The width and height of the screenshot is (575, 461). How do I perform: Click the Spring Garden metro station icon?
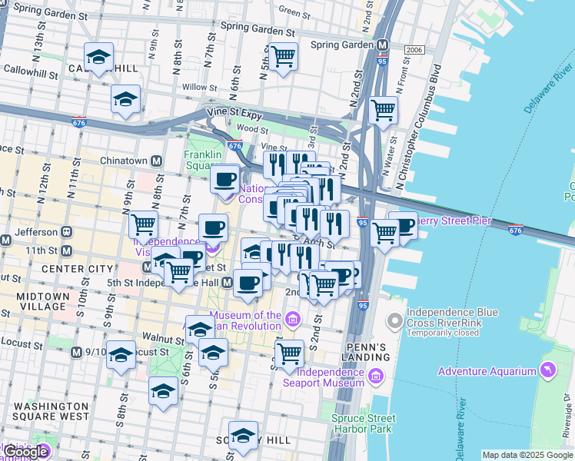(383, 45)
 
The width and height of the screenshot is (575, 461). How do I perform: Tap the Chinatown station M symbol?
(156, 161)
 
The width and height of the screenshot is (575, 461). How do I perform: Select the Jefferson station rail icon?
(67, 231)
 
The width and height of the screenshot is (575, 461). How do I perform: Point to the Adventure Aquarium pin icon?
(547, 371)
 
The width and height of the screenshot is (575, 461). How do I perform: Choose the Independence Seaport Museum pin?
(374, 376)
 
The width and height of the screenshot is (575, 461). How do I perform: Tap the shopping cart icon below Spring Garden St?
(284, 56)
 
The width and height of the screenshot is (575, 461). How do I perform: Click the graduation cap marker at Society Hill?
(244, 435)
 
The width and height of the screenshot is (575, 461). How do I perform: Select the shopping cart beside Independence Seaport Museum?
(289, 354)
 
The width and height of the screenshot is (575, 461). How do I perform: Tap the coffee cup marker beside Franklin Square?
(224, 179)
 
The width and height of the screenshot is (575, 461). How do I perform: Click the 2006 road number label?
(414, 50)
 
